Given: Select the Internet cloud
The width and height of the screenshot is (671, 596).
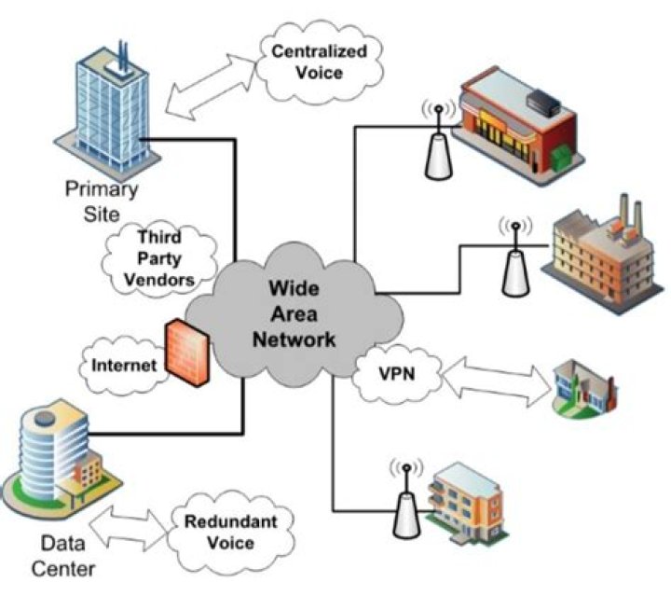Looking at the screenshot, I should [x=123, y=365].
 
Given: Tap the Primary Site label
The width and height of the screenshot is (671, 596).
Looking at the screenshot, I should [x=100, y=201].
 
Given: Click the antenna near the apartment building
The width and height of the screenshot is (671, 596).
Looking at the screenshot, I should [x=404, y=497].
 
